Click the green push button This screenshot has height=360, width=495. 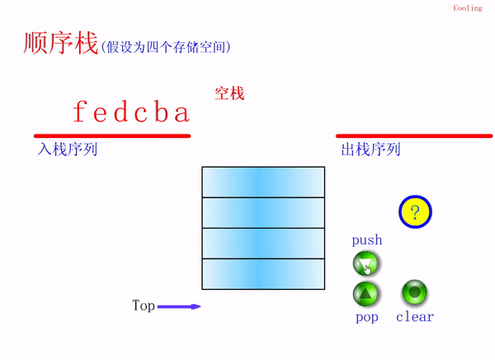(x=366, y=263)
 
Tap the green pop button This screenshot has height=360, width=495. (x=365, y=294)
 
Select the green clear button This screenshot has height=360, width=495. (x=414, y=291)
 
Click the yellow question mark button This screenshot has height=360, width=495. (x=415, y=211)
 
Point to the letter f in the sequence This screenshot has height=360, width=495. (x=79, y=111)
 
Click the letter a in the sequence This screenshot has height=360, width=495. (x=181, y=114)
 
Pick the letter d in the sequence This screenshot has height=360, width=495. (x=120, y=111)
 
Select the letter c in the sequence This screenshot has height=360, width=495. (x=141, y=114)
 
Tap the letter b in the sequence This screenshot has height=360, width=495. (x=161, y=111)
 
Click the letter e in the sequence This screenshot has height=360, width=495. (x=101, y=114)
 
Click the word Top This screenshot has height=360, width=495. (x=144, y=306)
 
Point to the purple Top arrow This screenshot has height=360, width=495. (x=179, y=306)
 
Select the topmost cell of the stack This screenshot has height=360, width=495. (x=263, y=182)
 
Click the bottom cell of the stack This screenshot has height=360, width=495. (x=263, y=273)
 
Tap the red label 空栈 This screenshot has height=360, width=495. (x=229, y=93)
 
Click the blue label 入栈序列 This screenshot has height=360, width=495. (x=68, y=149)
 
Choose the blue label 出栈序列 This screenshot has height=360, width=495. (x=370, y=149)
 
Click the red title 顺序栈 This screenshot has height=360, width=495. (x=60, y=43)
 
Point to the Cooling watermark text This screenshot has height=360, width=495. (x=468, y=8)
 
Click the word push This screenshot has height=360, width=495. (x=367, y=240)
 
